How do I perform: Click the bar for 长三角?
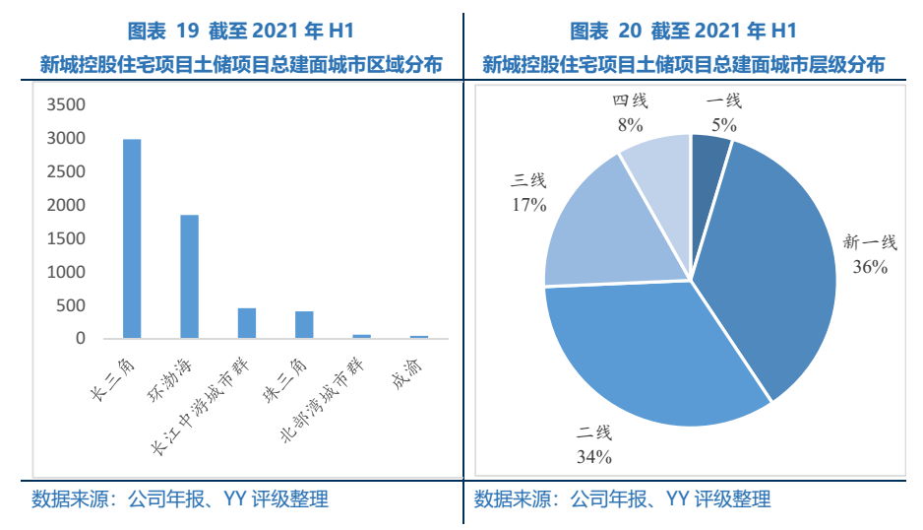[132, 238]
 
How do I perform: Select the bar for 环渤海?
[189, 277]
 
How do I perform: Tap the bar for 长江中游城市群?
[246, 323]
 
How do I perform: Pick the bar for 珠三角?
[304, 325]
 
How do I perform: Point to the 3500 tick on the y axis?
[67, 105]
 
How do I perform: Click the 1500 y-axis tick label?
[67, 239]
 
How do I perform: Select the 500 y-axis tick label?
[72, 305]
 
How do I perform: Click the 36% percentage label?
[871, 267]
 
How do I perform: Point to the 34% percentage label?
[594, 456]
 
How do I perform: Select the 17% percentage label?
[528, 206]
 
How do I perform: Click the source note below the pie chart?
[622, 499]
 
